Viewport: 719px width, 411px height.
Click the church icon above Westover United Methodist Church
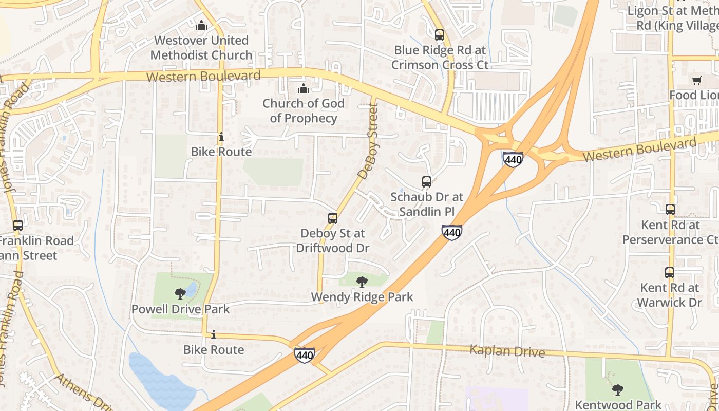click(x=201, y=25)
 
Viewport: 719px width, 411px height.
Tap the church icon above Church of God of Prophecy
click(x=304, y=88)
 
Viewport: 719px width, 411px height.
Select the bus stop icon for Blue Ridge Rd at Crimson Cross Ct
click(x=440, y=35)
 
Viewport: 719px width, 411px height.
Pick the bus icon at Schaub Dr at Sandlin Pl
click(x=427, y=181)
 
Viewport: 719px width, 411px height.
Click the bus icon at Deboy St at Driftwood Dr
click(x=333, y=218)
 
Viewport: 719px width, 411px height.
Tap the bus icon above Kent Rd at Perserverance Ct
click(x=670, y=210)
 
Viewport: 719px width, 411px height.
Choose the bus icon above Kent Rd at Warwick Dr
click(x=670, y=273)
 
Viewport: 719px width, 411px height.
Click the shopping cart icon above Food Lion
click(x=697, y=80)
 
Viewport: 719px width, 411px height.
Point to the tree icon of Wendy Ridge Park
click(x=362, y=282)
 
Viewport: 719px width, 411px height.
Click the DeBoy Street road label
click(x=368, y=141)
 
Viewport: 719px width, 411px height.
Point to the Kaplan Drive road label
click(x=507, y=351)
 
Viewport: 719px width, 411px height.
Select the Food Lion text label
click(x=694, y=95)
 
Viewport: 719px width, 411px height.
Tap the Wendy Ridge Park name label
click(x=362, y=297)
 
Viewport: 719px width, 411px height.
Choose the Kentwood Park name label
click(x=618, y=405)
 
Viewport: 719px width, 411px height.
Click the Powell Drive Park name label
click(x=181, y=309)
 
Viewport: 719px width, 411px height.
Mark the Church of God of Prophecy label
click(x=304, y=110)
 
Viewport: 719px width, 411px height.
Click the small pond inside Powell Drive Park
click(x=192, y=289)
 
